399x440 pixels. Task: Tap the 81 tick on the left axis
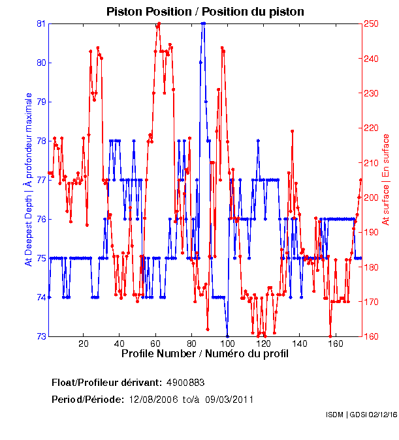click(x=40, y=23)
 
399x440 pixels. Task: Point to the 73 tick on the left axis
click(x=40, y=336)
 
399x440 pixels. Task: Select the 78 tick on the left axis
click(x=40, y=141)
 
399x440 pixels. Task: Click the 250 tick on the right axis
click(x=371, y=23)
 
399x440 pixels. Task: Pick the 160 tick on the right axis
click(x=371, y=336)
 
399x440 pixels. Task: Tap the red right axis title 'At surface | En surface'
click(x=386, y=179)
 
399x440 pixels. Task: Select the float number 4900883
click(x=189, y=381)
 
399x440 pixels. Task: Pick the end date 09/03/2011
click(x=229, y=399)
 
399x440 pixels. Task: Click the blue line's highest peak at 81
click(x=204, y=23)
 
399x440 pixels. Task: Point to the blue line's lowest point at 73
click(x=227, y=336)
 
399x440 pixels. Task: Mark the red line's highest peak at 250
click(x=159, y=23)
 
